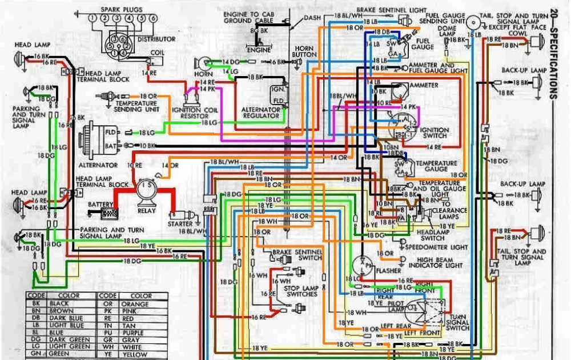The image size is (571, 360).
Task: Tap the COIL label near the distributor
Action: click(157, 52)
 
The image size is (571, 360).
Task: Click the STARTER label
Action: click(180, 224)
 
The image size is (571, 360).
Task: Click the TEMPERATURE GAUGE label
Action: click(436, 166)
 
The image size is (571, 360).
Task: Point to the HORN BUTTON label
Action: click(304, 51)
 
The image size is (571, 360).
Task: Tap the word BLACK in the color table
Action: click(59, 304)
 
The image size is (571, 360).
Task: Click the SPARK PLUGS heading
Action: click(122, 10)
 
